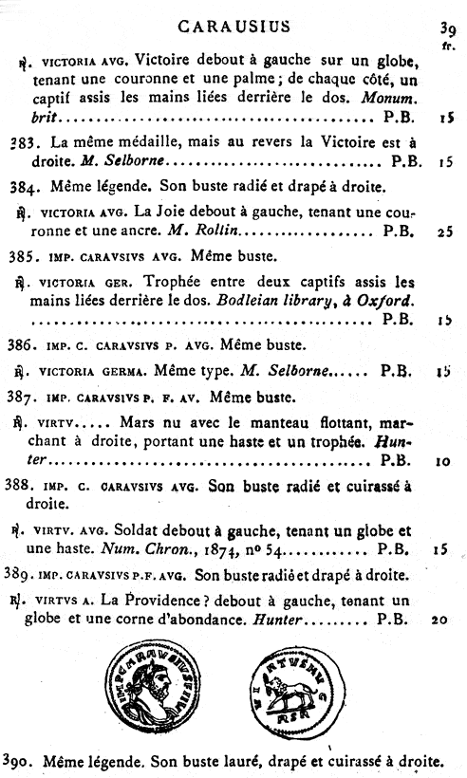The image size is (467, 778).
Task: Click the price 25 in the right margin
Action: tap(445, 231)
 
